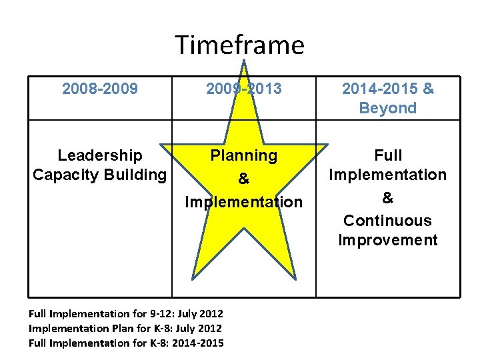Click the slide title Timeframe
[x=239, y=45]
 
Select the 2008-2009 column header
[x=100, y=89]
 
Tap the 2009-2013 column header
[x=243, y=89]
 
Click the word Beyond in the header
[x=387, y=108]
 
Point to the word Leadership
[x=100, y=155]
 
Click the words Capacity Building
[x=100, y=175]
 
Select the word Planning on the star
[x=243, y=155]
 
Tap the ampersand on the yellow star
[x=243, y=179]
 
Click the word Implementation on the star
[x=243, y=201]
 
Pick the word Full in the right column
[x=388, y=155]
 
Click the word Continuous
[x=388, y=221]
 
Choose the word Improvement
[x=388, y=240]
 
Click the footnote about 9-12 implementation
[x=126, y=313]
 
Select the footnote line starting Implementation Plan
[x=125, y=328]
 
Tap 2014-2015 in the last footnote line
[x=197, y=343]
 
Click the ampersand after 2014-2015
[x=428, y=89]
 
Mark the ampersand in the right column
[x=388, y=198]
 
